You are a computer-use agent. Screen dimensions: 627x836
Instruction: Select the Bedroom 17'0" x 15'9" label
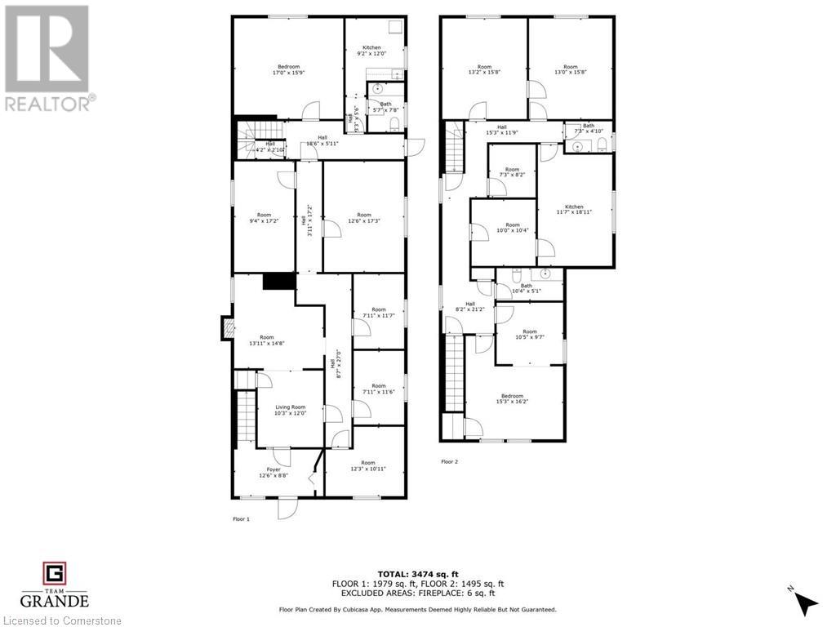point(288,69)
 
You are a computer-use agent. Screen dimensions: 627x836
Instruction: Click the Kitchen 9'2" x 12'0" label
point(371,51)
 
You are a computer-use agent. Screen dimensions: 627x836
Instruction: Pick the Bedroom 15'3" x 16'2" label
point(512,398)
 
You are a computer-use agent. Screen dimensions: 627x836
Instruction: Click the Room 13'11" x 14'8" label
point(267,340)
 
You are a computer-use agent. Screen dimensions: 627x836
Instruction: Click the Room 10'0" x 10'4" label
point(512,228)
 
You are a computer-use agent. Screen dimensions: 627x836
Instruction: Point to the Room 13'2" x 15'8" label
point(484,69)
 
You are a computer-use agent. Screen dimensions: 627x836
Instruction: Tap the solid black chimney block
point(278,281)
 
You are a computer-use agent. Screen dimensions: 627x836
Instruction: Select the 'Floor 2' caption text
point(450,462)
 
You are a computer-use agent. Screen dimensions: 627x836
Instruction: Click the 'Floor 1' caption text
point(241,518)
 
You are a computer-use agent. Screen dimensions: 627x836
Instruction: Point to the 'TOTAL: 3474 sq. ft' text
point(417,573)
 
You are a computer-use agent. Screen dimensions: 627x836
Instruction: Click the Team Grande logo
point(54,585)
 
